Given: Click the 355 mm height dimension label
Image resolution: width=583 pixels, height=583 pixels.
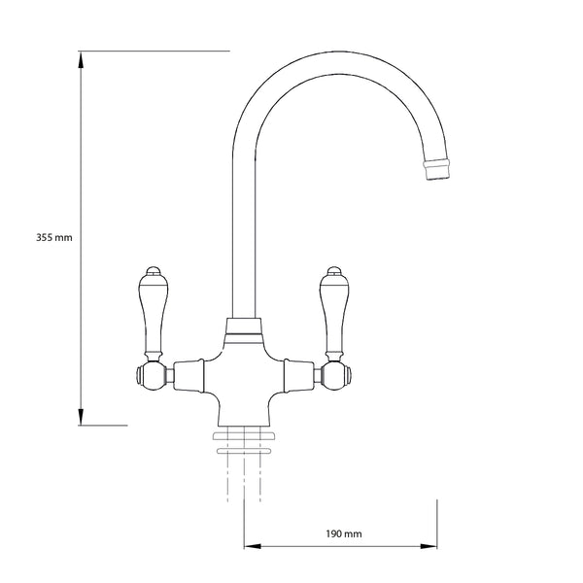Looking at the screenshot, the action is tap(54, 237).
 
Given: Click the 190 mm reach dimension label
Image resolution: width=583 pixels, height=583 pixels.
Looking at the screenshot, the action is tap(344, 533).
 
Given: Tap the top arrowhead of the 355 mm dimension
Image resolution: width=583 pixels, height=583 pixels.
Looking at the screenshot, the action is tap(81, 60).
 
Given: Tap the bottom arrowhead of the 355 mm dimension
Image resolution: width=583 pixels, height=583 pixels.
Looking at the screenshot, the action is tap(81, 417).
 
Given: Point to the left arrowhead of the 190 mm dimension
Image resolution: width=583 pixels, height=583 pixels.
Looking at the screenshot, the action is tap(253, 546).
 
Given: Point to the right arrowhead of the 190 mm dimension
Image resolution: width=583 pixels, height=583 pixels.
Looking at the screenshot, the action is tap(429, 546).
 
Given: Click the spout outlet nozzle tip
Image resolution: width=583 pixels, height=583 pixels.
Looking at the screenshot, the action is tap(437, 169).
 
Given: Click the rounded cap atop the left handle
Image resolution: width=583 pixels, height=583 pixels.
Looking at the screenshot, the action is tap(153, 271).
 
